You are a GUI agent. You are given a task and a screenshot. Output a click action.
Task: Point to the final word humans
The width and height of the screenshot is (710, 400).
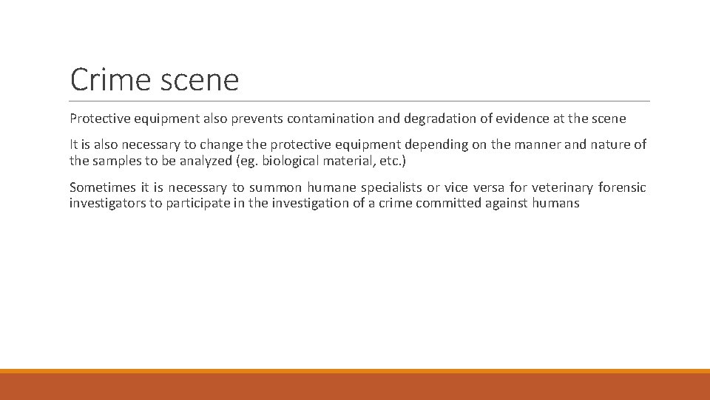click(555, 202)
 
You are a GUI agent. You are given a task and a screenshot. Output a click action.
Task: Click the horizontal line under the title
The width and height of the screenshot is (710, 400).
click(360, 101)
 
